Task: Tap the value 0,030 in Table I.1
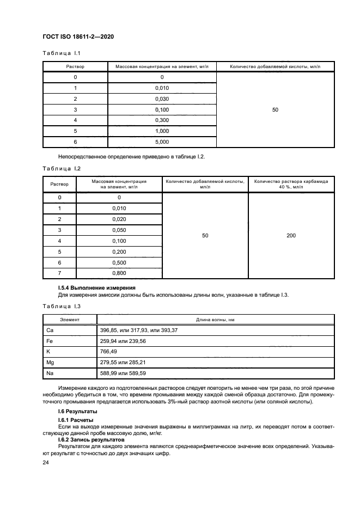(162, 99)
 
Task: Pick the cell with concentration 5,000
(162, 142)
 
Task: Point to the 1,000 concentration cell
(162, 131)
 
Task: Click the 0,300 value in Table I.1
(162, 120)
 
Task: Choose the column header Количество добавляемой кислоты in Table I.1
(274, 66)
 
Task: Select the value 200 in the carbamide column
(291, 235)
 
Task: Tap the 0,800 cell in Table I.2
(119, 272)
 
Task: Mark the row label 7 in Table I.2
(59, 272)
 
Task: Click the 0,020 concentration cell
(119, 219)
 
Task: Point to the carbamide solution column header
(291, 184)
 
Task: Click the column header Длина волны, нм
(216, 320)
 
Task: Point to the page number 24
(46, 462)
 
